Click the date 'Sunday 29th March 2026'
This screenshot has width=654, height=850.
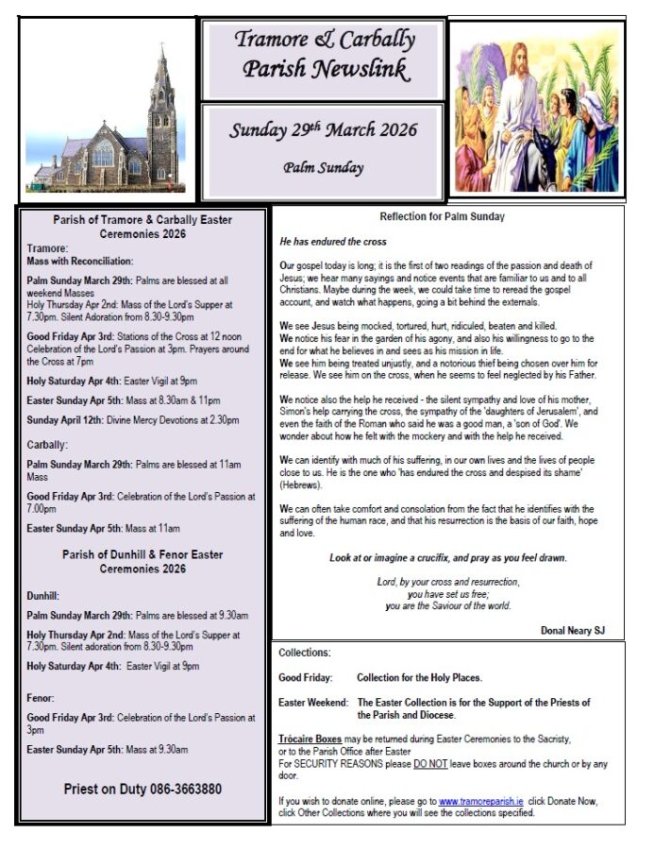(x=323, y=130)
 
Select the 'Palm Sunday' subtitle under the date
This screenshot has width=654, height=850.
(x=324, y=168)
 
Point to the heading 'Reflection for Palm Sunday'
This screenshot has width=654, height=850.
(x=442, y=216)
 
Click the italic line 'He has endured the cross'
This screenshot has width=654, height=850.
(x=333, y=242)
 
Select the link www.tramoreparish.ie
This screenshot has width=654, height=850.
(x=481, y=801)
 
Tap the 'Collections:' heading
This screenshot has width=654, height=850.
(x=305, y=654)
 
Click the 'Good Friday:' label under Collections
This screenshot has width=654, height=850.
(x=305, y=678)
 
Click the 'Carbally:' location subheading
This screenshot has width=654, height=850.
(x=48, y=445)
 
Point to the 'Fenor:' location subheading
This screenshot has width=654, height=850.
(x=42, y=698)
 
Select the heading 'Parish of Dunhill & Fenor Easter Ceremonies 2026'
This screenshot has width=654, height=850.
(x=143, y=562)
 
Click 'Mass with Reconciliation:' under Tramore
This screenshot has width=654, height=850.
(x=80, y=261)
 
